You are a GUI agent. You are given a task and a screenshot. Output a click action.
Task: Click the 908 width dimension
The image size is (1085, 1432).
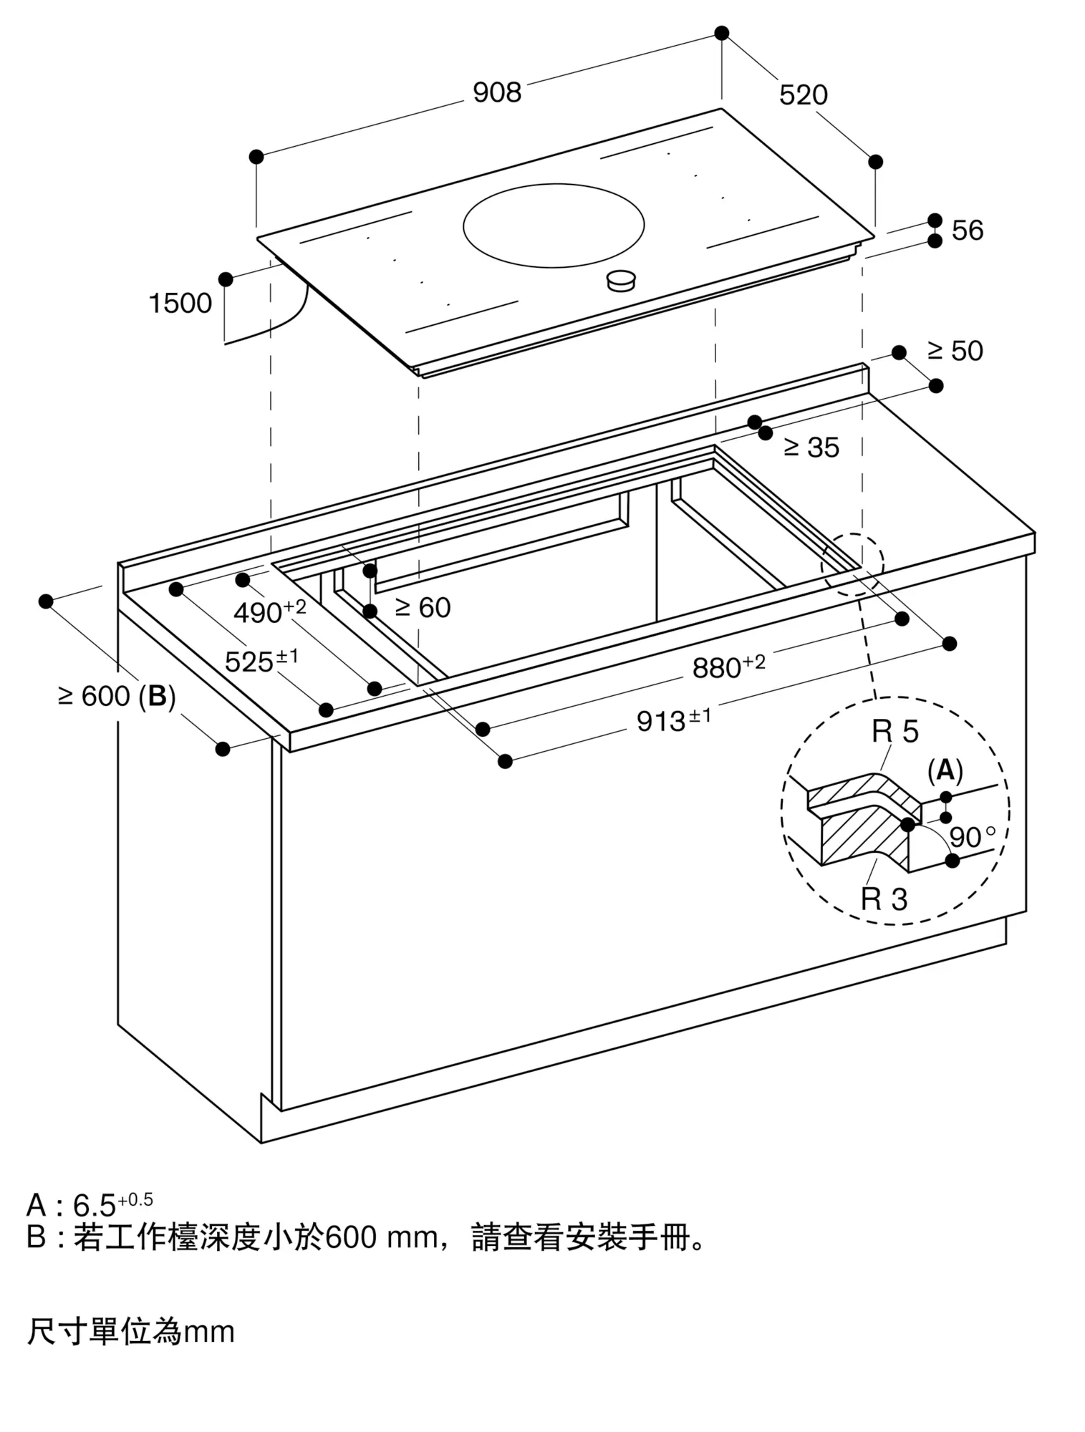497,92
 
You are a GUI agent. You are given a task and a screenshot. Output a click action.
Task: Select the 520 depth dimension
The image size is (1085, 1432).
803,95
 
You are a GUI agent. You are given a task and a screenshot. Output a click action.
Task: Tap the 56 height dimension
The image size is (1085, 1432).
967,231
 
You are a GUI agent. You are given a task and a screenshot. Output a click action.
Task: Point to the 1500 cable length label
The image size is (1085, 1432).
180,304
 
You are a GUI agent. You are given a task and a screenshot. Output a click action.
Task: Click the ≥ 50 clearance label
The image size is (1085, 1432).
955,351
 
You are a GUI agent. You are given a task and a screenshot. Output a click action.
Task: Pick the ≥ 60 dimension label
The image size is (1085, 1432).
423,608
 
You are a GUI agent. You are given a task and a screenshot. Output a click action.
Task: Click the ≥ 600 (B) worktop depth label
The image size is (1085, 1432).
117,696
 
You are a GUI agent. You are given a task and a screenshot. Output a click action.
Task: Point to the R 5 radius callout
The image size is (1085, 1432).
894,732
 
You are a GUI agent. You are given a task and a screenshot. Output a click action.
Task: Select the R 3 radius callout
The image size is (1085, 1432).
884,899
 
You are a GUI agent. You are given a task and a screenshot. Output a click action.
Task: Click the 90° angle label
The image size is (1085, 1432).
971,837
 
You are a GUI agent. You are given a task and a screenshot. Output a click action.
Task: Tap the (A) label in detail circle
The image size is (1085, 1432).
945,770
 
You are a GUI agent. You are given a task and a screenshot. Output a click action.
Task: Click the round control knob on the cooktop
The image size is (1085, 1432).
621,281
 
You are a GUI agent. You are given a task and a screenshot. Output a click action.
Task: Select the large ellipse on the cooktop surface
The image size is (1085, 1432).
553,225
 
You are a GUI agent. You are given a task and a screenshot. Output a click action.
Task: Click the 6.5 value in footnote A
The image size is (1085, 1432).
95,1206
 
